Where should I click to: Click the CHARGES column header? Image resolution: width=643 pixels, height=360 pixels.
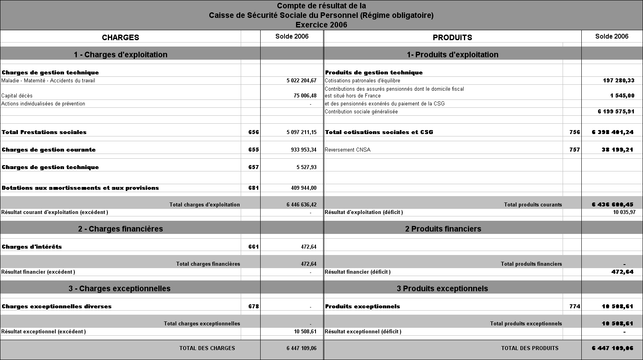(121, 37)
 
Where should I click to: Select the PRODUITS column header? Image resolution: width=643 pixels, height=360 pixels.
(452, 37)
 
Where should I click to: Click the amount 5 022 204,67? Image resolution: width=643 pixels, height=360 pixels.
(301, 80)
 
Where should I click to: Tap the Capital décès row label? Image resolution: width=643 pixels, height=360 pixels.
(17, 95)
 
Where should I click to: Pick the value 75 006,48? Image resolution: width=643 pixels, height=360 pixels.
(305, 95)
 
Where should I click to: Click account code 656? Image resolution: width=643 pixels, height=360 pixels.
(253, 132)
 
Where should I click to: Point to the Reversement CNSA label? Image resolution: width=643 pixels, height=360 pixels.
(347, 150)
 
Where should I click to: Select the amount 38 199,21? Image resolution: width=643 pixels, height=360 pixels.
(617, 150)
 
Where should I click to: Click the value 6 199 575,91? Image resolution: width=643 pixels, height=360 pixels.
(616, 111)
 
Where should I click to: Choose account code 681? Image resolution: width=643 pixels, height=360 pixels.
(253, 188)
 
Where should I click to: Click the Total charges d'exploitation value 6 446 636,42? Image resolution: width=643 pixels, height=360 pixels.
(301, 204)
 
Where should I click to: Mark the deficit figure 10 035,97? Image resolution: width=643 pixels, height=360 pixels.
(624, 212)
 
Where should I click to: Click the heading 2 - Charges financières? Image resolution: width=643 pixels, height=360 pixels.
(121, 229)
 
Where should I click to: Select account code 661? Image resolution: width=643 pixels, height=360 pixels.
(253, 247)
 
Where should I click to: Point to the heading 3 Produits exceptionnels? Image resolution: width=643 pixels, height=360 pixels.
(442, 288)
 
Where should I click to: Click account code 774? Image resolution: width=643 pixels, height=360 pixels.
(575, 306)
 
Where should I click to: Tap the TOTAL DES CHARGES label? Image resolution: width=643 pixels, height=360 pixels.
(207, 348)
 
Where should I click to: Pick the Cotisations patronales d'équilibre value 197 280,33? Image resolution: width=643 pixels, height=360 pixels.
(618, 80)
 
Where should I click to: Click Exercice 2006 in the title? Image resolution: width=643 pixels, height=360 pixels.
(321, 25)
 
